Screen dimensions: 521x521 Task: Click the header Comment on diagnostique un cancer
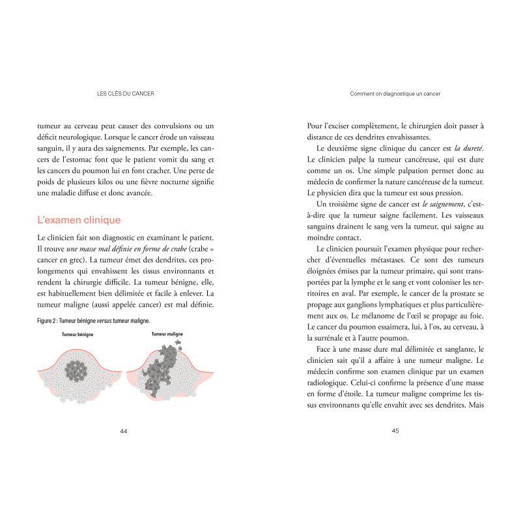[x=395, y=93]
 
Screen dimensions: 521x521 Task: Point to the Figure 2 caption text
[x=93, y=320]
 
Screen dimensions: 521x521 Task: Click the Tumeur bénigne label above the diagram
[x=77, y=334]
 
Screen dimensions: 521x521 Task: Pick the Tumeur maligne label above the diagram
[x=167, y=333]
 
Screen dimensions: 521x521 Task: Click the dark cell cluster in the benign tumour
[x=78, y=371]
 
